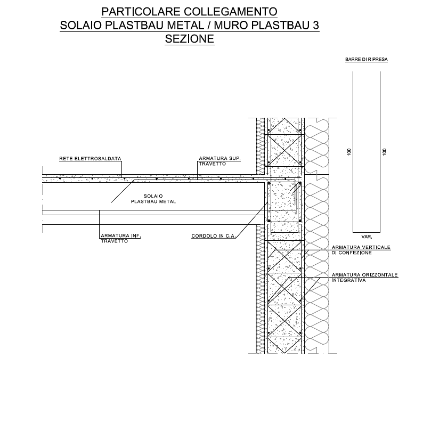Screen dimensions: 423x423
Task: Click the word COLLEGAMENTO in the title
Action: pyautogui.click(x=230, y=12)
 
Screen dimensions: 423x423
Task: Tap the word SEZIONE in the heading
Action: pyautogui.click(x=189, y=39)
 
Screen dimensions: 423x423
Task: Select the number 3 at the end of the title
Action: pyautogui.click(x=315, y=26)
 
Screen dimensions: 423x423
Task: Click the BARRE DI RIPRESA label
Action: pyautogui.click(x=367, y=59)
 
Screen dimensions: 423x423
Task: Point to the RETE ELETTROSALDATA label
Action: pyautogui.click(x=90, y=159)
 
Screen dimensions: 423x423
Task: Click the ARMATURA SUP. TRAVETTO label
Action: pyautogui.click(x=219, y=161)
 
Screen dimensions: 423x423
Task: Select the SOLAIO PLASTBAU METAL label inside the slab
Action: pyautogui.click(x=153, y=199)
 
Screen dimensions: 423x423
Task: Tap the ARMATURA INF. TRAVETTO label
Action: pyautogui.click(x=121, y=238)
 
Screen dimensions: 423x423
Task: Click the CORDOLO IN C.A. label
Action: pyautogui.click(x=214, y=236)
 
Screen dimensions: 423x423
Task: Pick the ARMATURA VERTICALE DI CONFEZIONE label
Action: pyautogui.click(x=361, y=250)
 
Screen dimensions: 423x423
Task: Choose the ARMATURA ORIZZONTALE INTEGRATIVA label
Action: pyautogui.click(x=365, y=278)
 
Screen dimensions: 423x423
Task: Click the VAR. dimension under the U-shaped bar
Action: pyautogui.click(x=367, y=237)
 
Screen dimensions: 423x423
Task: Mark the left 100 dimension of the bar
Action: pyautogui.click(x=349, y=152)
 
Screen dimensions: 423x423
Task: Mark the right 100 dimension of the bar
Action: pyautogui.click(x=385, y=152)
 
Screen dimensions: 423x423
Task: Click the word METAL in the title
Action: pyautogui.click(x=185, y=26)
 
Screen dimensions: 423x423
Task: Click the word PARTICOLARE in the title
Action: pyautogui.click(x=141, y=12)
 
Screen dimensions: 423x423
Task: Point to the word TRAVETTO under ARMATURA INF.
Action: pyautogui.click(x=115, y=241)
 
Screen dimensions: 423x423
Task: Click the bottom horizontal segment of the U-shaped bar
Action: pyautogui.click(x=367, y=232)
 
